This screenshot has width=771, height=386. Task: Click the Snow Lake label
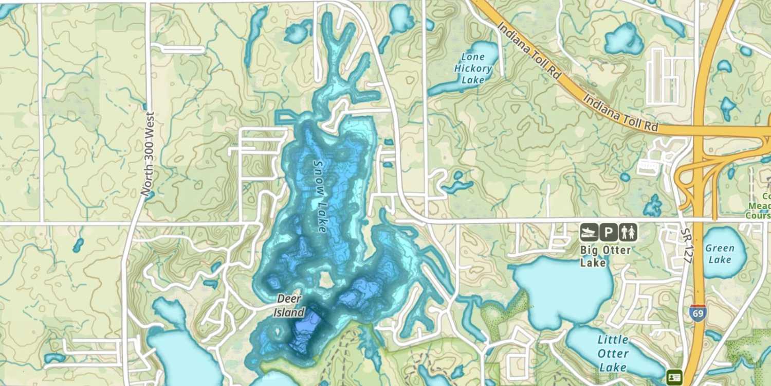(x=320, y=196)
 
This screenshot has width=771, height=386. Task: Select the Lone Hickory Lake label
(x=473, y=68)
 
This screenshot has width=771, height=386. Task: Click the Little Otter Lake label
(x=613, y=354)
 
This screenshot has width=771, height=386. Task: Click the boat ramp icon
(x=589, y=233)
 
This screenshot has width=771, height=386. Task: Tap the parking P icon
(x=608, y=233)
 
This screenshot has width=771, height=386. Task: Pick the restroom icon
(x=628, y=233)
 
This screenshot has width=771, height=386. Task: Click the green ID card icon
(x=674, y=377)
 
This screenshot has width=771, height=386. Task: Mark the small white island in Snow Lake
(x=324, y=281)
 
